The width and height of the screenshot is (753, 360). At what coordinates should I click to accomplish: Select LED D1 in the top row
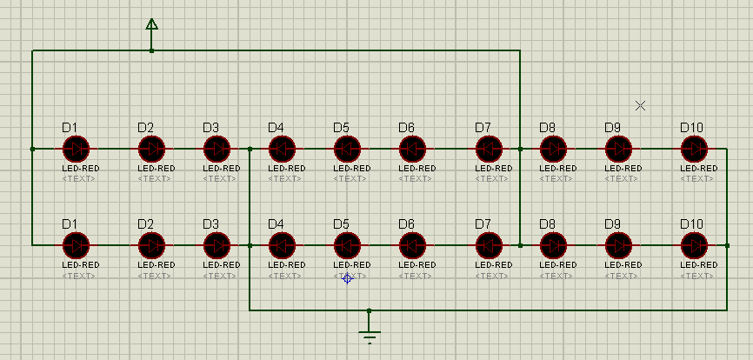(x=77, y=149)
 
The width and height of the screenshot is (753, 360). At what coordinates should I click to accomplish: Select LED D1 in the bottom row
(x=77, y=245)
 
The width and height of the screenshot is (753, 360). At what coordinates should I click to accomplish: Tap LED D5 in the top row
(x=347, y=149)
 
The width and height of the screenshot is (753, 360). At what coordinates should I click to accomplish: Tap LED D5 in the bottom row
(x=347, y=245)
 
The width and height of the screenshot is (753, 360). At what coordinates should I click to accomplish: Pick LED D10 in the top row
(x=695, y=149)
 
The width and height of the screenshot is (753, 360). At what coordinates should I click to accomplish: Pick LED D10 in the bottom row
(x=695, y=245)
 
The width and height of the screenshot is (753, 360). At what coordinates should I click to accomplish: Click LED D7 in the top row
(x=490, y=149)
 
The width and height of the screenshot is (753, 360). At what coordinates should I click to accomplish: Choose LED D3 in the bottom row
(x=217, y=245)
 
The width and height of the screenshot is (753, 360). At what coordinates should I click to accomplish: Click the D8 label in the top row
(x=548, y=128)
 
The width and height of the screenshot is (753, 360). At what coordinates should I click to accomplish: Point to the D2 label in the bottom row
(x=146, y=224)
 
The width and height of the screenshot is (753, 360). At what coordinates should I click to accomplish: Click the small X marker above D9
(x=641, y=105)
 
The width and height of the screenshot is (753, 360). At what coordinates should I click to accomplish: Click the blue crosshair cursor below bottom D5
(x=347, y=278)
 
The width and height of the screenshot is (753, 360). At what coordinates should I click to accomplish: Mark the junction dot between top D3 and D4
(x=250, y=149)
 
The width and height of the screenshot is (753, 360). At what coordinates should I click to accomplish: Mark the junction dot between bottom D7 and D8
(x=520, y=245)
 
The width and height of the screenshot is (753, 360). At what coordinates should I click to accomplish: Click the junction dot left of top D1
(x=32, y=149)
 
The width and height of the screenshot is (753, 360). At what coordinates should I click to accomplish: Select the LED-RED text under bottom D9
(x=623, y=264)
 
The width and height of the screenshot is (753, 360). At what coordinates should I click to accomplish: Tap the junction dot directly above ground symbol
(x=370, y=310)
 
